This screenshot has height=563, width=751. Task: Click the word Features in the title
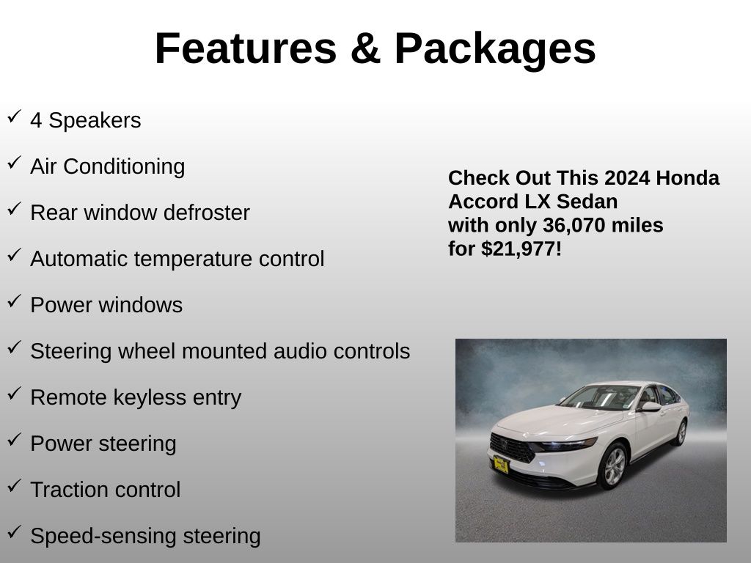point(246,48)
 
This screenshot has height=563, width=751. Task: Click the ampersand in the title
point(365,48)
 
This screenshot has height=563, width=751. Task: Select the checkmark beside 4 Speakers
point(15,117)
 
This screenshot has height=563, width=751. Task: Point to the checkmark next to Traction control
point(15,486)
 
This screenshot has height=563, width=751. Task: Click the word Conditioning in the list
point(124,167)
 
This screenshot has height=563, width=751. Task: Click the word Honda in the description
point(687,177)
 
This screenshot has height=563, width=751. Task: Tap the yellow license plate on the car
point(501,464)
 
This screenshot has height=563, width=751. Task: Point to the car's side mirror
point(651,406)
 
